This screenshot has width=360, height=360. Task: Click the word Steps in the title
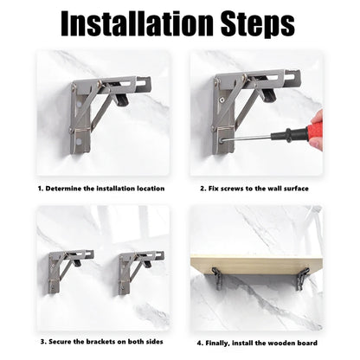pyautogui.click(x=258, y=25)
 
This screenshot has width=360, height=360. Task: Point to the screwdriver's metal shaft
pyautogui.click(x=247, y=138)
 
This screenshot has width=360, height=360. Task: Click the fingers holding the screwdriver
pyautogui.click(x=318, y=129)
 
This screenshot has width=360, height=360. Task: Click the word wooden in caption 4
pyautogui.click(x=280, y=343)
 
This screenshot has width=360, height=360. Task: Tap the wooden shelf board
pyautogui.click(x=256, y=264)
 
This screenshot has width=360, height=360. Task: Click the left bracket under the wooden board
pyautogui.click(x=217, y=278)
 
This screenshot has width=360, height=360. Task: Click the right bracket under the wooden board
pyautogui.click(x=303, y=279)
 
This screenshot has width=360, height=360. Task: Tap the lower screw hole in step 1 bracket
pyautogui.click(x=79, y=142)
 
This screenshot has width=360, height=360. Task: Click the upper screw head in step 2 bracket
pyautogui.click(x=222, y=100)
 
